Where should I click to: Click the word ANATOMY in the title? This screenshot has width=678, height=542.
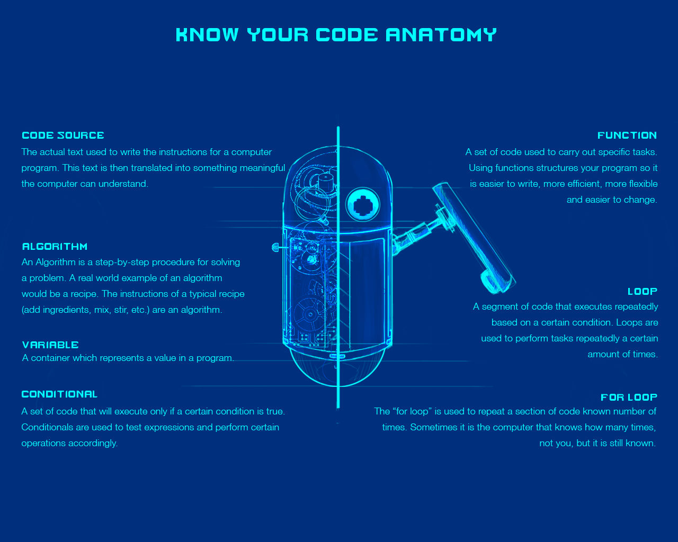(x=441, y=34)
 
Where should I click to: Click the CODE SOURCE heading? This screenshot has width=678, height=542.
(x=63, y=135)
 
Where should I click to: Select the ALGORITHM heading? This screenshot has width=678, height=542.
(x=55, y=247)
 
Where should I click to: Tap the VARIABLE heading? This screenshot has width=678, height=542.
(x=50, y=345)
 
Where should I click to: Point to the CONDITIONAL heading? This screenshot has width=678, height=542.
(x=59, y=394)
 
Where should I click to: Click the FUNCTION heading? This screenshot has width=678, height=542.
(x=627, y=135)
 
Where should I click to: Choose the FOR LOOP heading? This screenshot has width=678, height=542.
(x=629, y=397)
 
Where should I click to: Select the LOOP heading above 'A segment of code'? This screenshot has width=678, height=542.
(x=643, y=292)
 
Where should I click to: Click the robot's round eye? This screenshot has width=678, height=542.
(x=363, y=205)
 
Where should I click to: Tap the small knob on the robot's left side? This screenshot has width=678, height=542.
(x=275, y=247)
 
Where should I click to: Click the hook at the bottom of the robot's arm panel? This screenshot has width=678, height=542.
(x=492, y=283)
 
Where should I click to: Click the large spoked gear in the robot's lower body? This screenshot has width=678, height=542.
(x=310, y=314)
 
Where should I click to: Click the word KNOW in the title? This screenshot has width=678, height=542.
(x=207, y=34)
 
